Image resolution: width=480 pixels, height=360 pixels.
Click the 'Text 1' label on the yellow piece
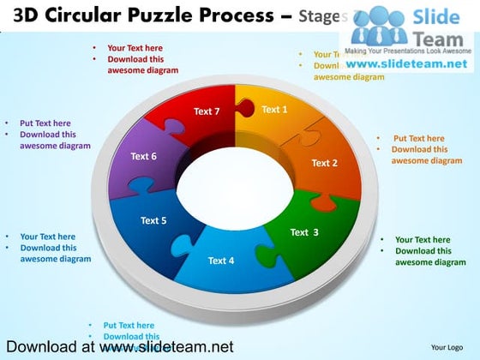(x=274, y=110)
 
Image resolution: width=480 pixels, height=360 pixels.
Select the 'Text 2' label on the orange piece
(x=324, y=163)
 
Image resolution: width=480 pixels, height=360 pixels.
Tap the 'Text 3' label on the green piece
(x=304, y=232)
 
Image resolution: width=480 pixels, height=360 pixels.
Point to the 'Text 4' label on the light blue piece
(x=220, y=261)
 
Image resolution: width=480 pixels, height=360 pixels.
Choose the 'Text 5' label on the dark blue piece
(x=153, y=221)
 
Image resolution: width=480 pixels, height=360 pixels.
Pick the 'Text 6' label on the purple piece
(x=143, y=157)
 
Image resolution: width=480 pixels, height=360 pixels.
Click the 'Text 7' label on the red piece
(x=207, y=111)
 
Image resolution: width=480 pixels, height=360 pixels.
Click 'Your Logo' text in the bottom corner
(x=447, y=347)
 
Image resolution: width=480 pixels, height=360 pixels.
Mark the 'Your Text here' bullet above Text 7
(x=135, y=48)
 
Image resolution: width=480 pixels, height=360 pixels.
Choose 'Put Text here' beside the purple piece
(x=45, y=123)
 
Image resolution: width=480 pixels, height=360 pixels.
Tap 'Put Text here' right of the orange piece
(x=419, y=139)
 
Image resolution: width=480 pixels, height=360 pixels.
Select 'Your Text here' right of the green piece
(x=423, y=240)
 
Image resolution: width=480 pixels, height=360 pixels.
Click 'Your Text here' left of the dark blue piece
(x=47, y=237)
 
